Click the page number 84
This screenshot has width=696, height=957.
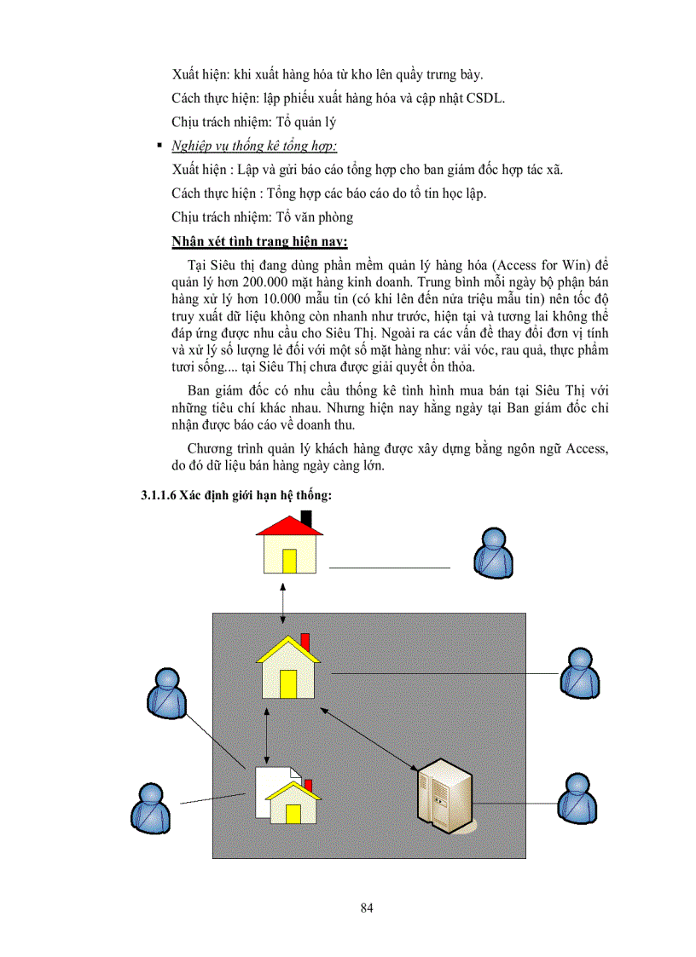(x=367, y=908)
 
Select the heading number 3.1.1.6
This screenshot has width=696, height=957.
(x=159, y=497)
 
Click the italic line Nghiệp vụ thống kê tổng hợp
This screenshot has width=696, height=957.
(x=253, y=146)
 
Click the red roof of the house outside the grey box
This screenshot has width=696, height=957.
(x=289, y=528)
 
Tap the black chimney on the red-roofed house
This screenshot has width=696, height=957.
(x=306, y=518)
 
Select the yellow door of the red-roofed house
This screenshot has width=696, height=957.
(x=289, y=561)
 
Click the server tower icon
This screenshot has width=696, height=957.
(x=442, y=798)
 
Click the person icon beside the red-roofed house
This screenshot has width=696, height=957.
(x=494, y=554)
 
